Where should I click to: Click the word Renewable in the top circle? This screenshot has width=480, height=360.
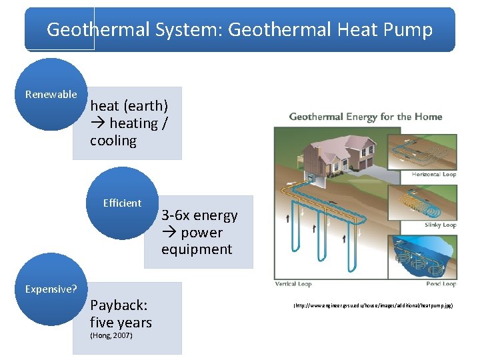(x=51, y=95)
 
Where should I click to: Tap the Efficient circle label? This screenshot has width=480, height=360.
(x=122, y=203)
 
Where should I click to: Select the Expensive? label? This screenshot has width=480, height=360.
(x=51, y=289)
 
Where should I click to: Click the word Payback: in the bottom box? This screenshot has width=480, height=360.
(x=119, y=305)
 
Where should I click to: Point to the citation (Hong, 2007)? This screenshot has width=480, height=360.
(x=111, y=335)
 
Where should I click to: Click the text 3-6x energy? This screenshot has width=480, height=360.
(x=199, y=215)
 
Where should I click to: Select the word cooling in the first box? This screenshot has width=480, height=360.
(x=113, y=141)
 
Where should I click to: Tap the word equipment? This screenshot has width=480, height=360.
(x=197, y=249)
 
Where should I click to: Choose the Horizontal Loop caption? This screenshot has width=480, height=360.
(x=434, y=175)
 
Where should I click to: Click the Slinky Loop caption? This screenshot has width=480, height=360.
(x=440, y=225)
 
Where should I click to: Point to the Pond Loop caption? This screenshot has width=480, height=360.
(x=440, y=284)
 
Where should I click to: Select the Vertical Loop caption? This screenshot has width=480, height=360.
(x=293, y=284)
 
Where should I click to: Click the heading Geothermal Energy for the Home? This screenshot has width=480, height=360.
(x=365, y=117)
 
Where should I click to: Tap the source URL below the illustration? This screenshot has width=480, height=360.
(x=373, y=305)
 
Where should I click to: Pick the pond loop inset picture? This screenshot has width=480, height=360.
(x=423, y=257)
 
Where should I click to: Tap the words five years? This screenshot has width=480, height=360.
(x=121, y=323)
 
